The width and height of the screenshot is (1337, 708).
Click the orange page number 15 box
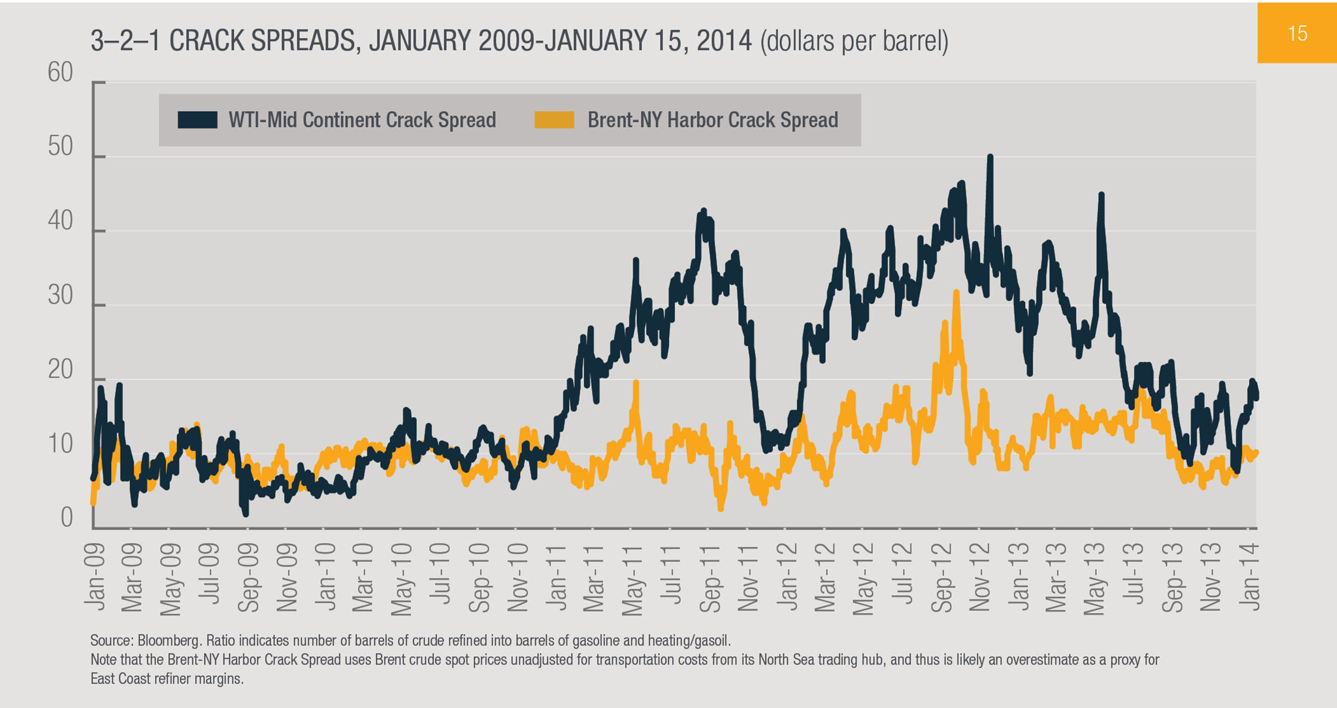click(x=1297, y=33)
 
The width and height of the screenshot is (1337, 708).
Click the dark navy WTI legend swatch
click(x=197, y=119)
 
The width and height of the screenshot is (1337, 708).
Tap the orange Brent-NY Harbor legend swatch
click(x=554, y=119)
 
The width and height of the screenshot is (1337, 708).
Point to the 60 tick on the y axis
click(x=60, y=73)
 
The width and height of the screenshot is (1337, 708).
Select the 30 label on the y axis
click(x=60, y=295)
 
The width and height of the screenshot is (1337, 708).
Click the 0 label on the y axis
click(x=67, y=518)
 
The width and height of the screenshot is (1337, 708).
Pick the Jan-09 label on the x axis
click(x=94, y=577)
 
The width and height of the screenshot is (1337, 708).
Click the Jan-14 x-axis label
click(x=1250, y=577)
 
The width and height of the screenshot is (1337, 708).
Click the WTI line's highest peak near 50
click(x=990, y=157)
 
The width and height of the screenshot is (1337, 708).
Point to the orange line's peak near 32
click(x=956, y=292)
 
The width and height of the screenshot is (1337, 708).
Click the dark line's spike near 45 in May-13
click(x=1101, y=195)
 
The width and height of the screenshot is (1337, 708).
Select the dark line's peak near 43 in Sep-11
click(x=704, y=211)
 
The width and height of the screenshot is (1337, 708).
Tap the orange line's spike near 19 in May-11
click(x=636, y=383)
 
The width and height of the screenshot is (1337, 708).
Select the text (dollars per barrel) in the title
click(x=854, y=41)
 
